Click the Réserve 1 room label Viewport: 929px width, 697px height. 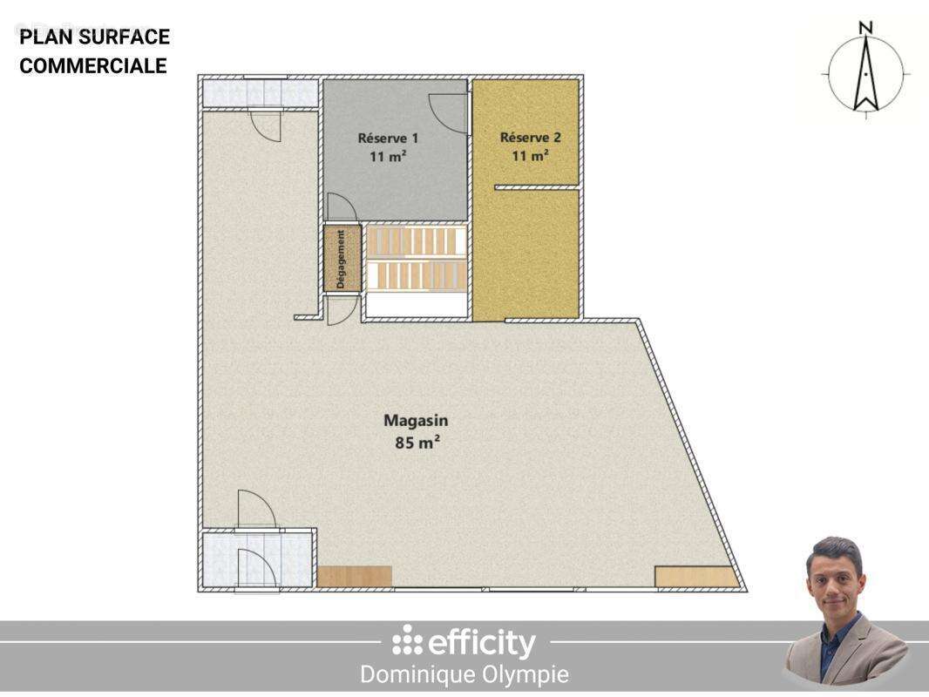(x=389, y=138)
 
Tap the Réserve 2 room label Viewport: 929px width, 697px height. (x=530, y=137)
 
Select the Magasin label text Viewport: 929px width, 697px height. (x=416, y=421)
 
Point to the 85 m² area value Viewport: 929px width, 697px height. (x=417, y=442)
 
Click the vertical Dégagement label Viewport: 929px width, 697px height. (x=341, y=259)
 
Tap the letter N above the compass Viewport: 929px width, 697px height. (x=865, y=28)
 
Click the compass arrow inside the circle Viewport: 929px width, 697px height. (x=865, y=78)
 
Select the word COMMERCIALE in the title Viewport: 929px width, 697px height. (x=92, y=66)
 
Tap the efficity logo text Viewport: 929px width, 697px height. (x=475, y=643)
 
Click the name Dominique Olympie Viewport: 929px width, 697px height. (x=464, y=674)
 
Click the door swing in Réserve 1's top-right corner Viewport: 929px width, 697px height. (x=448, y=113)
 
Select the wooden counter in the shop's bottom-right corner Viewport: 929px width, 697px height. (x=696, y=577)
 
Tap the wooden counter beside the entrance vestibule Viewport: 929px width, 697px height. (x=354, y=576)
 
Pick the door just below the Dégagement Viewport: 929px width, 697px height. (x=342, y=310)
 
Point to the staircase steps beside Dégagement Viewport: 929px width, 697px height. (x=415, y=259)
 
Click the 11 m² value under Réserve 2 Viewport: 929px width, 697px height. (x=530, y=156)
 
